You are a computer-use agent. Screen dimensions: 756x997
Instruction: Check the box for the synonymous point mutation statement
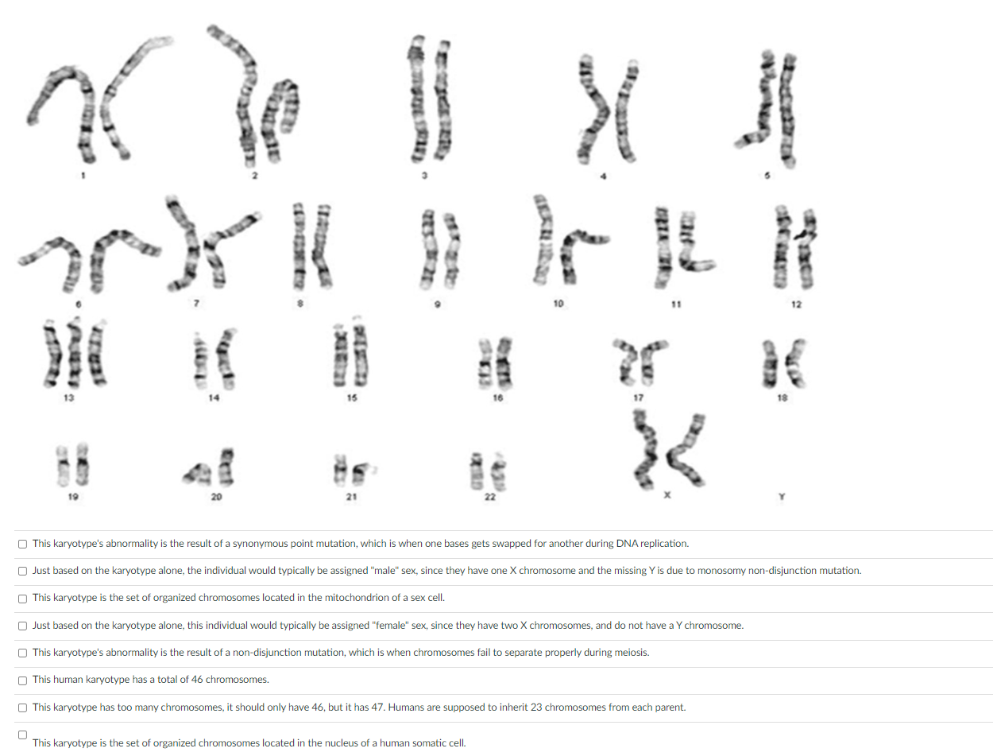pos(23,544)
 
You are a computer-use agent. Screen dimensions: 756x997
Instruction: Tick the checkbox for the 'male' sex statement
pos(23,571)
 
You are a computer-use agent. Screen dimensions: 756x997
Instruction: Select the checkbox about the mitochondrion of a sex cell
pos(23,598)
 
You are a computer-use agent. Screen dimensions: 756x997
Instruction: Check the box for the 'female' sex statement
pos(23,626)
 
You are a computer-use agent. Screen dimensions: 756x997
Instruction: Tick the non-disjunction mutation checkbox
pos(23,653)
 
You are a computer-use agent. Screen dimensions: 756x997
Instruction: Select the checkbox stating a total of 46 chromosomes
pos(23,680)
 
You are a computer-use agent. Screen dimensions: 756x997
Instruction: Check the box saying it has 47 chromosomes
pos(23,707)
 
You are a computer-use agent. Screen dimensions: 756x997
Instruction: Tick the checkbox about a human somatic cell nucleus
pos(23,734)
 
